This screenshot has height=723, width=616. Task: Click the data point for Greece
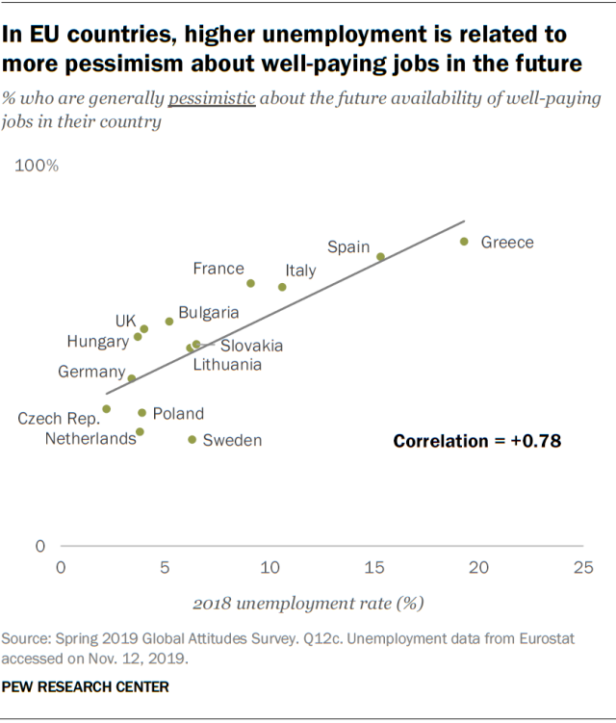point(464,242)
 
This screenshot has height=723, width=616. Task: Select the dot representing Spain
point(380,256)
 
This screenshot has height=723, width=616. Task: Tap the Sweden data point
point(192,439)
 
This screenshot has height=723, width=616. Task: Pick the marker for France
point(250,283)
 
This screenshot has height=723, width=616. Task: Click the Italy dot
point(282,287)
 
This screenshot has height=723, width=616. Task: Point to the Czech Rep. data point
point(106,409)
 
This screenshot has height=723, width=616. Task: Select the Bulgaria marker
point(169,321)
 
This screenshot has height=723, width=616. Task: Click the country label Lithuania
point(227,365)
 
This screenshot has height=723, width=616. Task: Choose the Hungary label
point(97,341)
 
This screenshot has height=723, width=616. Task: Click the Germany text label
point(91,372)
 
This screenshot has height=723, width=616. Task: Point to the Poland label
point(178,414)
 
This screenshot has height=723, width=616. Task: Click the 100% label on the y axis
point(38,166)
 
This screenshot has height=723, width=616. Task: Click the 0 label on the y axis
point(39,546)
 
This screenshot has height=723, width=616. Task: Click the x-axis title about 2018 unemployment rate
point(308,604)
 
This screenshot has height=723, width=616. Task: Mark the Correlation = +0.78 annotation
point(476,441)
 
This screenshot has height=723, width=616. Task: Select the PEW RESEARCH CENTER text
point(86,686)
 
